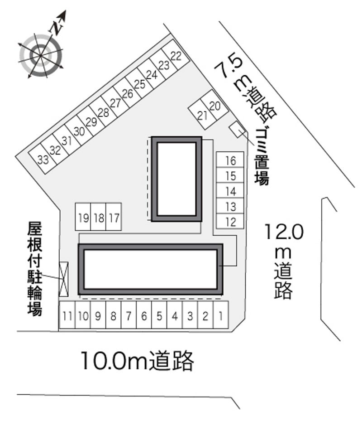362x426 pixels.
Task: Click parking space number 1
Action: point(220,315)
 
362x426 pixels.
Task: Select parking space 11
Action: point(67,315)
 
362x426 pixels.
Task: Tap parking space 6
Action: point(144,315)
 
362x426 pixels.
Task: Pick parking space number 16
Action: point(230,160)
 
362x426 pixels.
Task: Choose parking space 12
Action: point(230,222)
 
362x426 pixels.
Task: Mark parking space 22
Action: point(176,56)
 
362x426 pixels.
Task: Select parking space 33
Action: point(43,160)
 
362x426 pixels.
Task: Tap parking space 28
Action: point(104,112)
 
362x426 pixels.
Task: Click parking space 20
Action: point(215,106)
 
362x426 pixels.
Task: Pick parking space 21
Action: point(202,116)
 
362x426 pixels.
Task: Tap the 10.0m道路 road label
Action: point(138,361)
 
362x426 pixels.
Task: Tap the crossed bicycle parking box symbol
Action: point(63,279)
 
